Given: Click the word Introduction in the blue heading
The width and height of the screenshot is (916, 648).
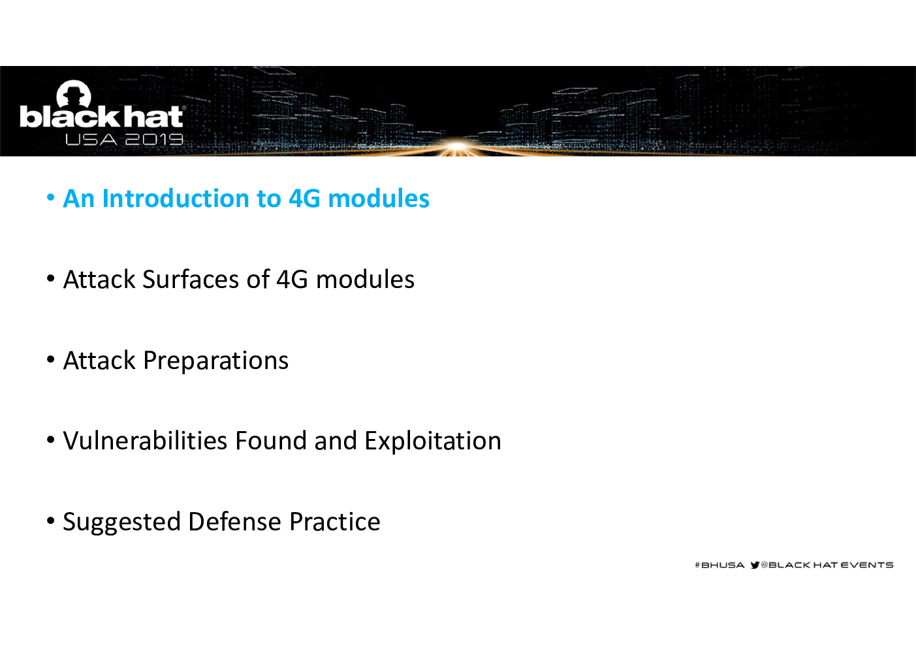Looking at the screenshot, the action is click(x=176, y=199).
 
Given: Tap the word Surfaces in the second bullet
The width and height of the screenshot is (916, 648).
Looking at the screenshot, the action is click(x=191, y=280).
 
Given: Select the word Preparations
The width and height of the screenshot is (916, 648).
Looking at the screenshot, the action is click(x=215, y=361).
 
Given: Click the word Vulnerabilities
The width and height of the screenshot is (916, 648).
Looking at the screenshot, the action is click(x=145, y=440).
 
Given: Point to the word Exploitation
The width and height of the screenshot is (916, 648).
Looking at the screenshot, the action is click(x=433, y=442).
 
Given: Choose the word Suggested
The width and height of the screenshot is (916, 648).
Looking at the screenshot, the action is click(x=121, y=523).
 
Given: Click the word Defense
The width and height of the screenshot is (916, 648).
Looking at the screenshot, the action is click(x=235, y=521).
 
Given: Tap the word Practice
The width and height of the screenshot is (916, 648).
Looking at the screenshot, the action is click(x=334, y=521).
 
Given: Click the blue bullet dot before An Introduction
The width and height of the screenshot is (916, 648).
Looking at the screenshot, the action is click(x=51, y=197).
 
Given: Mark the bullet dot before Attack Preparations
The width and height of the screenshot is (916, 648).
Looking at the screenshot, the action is click(x=51, y=359).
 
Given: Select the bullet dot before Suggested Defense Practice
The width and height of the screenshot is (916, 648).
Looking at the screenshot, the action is click(x=51, y=521).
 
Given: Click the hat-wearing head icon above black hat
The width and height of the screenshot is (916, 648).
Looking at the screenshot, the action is click(x=74, y=93).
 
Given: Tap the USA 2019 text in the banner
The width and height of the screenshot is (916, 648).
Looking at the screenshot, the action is click(x=124, y=140).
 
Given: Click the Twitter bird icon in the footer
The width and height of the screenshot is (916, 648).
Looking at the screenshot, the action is click(x=755, y=565).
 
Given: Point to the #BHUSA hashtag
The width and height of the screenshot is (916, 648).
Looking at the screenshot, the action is click(x=719, y=565).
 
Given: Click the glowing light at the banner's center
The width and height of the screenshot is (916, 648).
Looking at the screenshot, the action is click(x=458, y=146).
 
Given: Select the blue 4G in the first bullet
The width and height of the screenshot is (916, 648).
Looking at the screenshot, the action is click(x=304, y=199).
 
